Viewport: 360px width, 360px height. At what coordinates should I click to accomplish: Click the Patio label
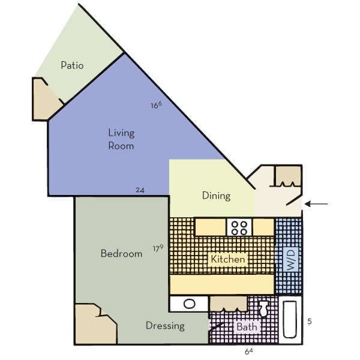pyautogui.click(x=72, y=65)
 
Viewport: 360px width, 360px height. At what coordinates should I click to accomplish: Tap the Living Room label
pyautogui.click(x=121, y=139)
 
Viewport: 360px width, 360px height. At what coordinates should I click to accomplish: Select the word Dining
pyautogui.click(x=217, y=195)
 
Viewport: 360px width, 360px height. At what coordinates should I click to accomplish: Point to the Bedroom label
pyautogui.click(x=121, y=253)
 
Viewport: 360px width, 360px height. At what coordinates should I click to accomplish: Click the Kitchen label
pyautogui.click(x=227, y=260)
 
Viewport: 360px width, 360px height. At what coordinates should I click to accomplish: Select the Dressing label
pyautogui.click(x=165, y=326)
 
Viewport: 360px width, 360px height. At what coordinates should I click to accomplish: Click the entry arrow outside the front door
pyautogui.click(x=317, y=205)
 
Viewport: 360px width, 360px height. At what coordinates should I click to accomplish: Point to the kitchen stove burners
pyautogui.click(x=239, y=227)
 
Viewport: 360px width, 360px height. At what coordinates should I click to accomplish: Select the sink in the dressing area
pyautogui.click(x=188, y=304)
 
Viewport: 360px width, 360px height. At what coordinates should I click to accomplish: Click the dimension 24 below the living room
pyautogui.click(x=140, y=190)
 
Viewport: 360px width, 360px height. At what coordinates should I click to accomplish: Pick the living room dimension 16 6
pyautogui.click(x=156, y=106)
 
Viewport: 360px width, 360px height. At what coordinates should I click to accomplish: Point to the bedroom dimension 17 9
pyautogui.click(x=158, y=248)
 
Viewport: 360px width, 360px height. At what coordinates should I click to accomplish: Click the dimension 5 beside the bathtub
pyautogui.click(x=309, y=322)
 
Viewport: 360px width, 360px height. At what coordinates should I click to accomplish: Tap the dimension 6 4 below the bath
pyautogui.click(x=248, y=350)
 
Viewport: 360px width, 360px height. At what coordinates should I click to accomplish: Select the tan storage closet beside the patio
pyautogui.click(x=45, y=99)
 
